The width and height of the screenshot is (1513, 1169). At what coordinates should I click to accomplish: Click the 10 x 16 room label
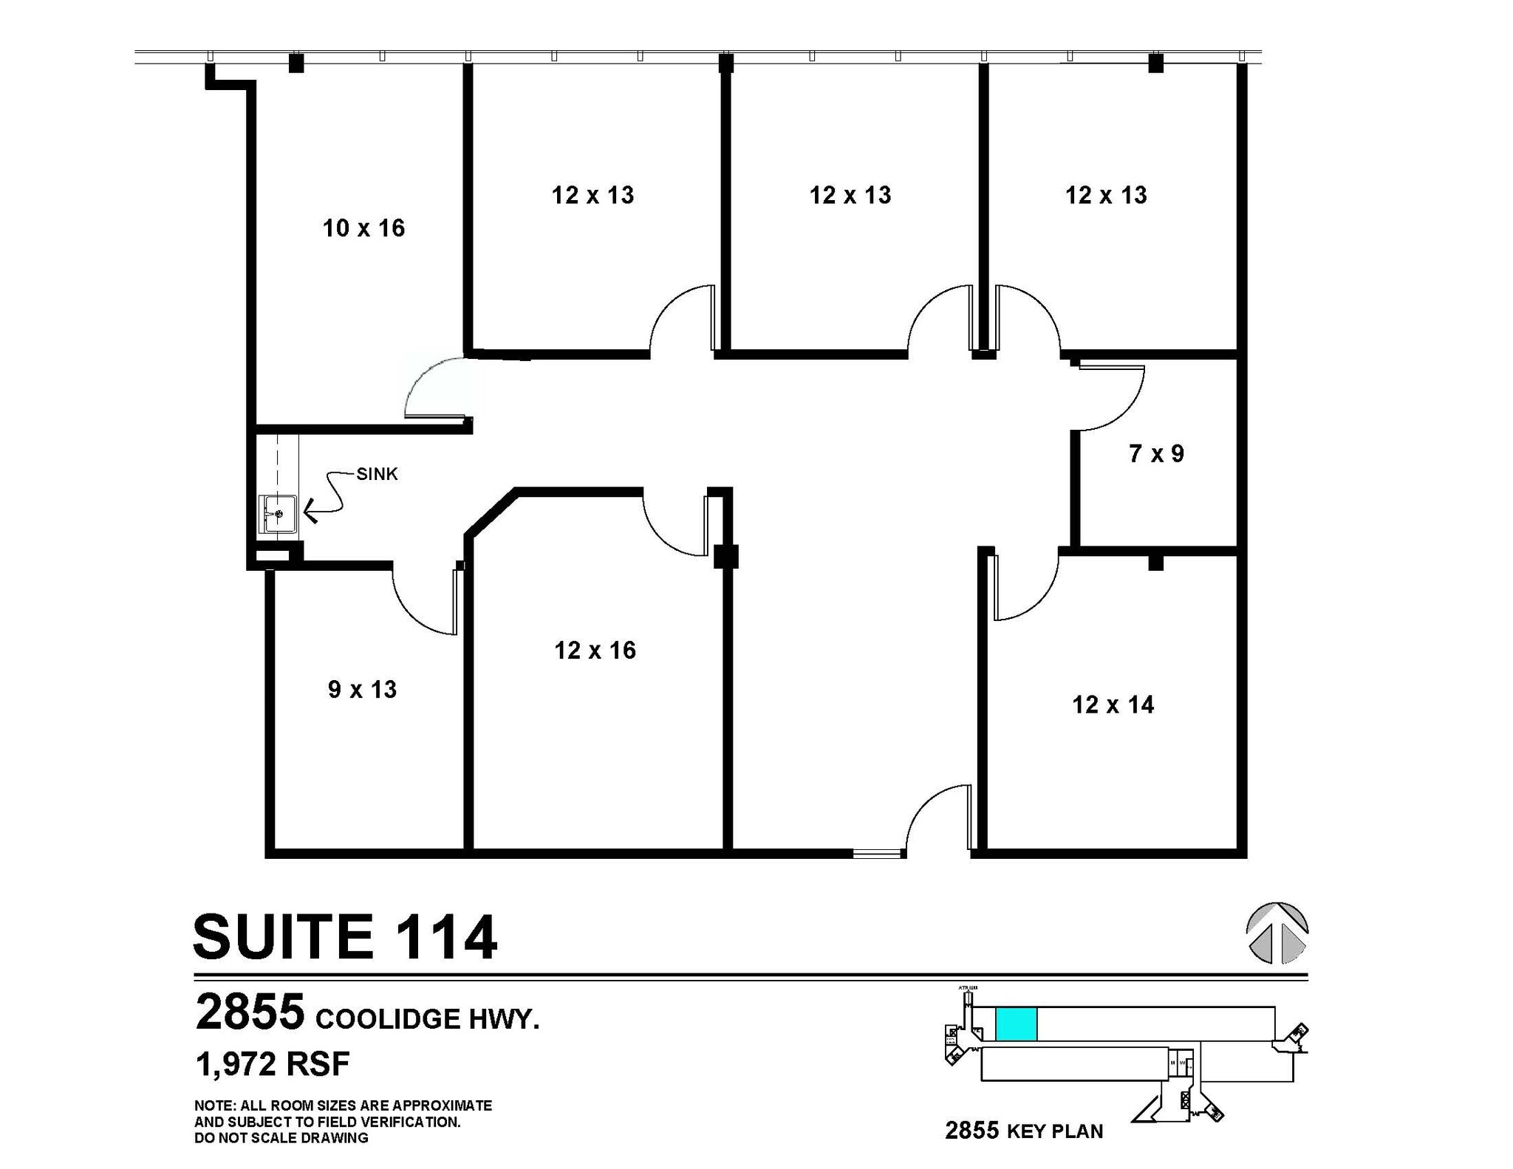click(x=363, y=228)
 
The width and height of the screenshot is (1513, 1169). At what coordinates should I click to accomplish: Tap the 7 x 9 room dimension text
click(x=1156, y=453)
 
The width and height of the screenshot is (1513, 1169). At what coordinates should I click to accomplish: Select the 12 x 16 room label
click(x=595, y=651)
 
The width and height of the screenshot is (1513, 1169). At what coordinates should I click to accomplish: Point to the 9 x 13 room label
click(x=362, y=690)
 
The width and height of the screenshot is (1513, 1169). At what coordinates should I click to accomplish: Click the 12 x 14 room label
click(x=1113, y=705)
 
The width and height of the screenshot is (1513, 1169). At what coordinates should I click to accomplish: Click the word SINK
click(x=377, y=474)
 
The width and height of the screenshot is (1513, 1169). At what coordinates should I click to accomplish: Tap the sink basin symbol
click(x=279, y=514)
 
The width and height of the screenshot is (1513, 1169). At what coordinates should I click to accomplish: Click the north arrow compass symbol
click(x=1277, y=933)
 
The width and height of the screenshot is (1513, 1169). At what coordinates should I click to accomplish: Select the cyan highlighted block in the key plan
click(x=1016, y=1024)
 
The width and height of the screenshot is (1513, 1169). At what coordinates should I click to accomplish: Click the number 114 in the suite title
click(x=446, y=937)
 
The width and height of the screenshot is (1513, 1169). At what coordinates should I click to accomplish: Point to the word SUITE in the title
click(x=283, y=937)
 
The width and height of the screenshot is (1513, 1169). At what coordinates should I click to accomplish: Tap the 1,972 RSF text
click(x=273, y=1064)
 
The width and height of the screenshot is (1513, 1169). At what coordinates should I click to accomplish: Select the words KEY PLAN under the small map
click(x=1055, y=1131)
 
